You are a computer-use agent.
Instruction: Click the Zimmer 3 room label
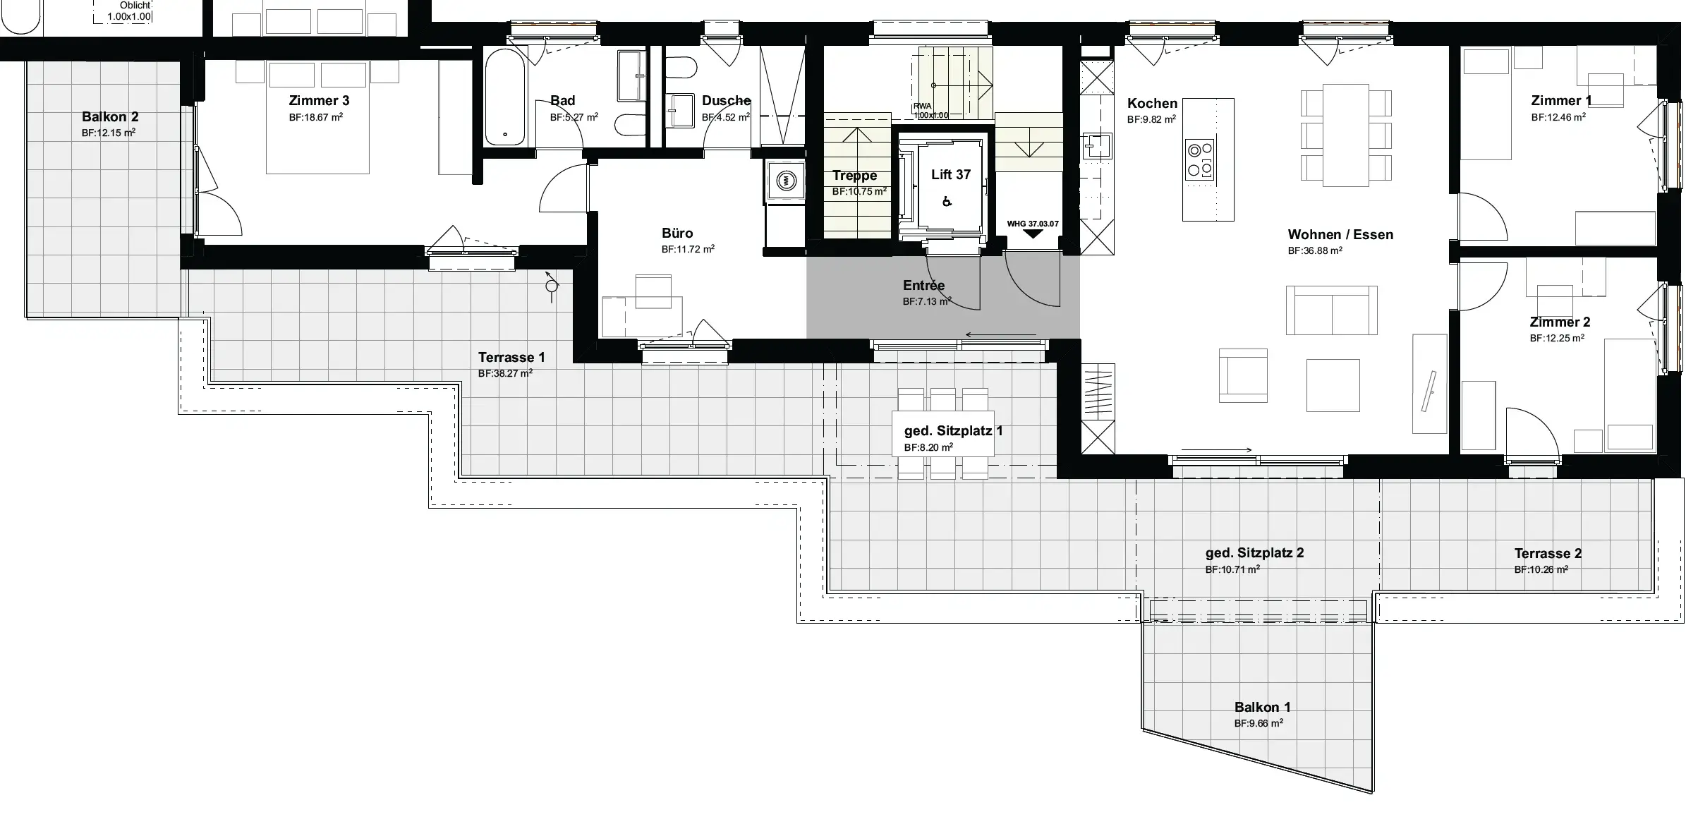coord(319,100)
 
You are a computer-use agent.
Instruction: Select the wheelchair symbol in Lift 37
coord(947,202)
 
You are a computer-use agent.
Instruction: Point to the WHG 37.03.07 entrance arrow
coord(1033,234)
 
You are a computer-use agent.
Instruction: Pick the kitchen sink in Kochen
coord(1096,145)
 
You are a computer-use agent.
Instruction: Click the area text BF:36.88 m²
coord(1315,250)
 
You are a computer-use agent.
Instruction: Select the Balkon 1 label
coord(1263,707)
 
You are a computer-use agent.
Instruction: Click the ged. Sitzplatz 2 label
coord(1254,553)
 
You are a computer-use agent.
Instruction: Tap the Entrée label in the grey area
coord(923,286)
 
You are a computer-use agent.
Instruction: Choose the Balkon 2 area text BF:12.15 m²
coord(109,133)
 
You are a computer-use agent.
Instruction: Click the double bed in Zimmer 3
coord(317,117)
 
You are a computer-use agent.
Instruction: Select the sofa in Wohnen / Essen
coord(1331,310)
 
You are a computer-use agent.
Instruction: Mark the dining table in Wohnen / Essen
coord(1346,135)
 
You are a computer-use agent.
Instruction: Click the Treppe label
coord(854,176)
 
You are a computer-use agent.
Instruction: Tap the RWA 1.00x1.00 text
coord(931,111)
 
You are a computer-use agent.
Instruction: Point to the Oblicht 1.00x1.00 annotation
coord(130,11)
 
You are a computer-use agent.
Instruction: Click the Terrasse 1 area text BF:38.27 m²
coord(505,374)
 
